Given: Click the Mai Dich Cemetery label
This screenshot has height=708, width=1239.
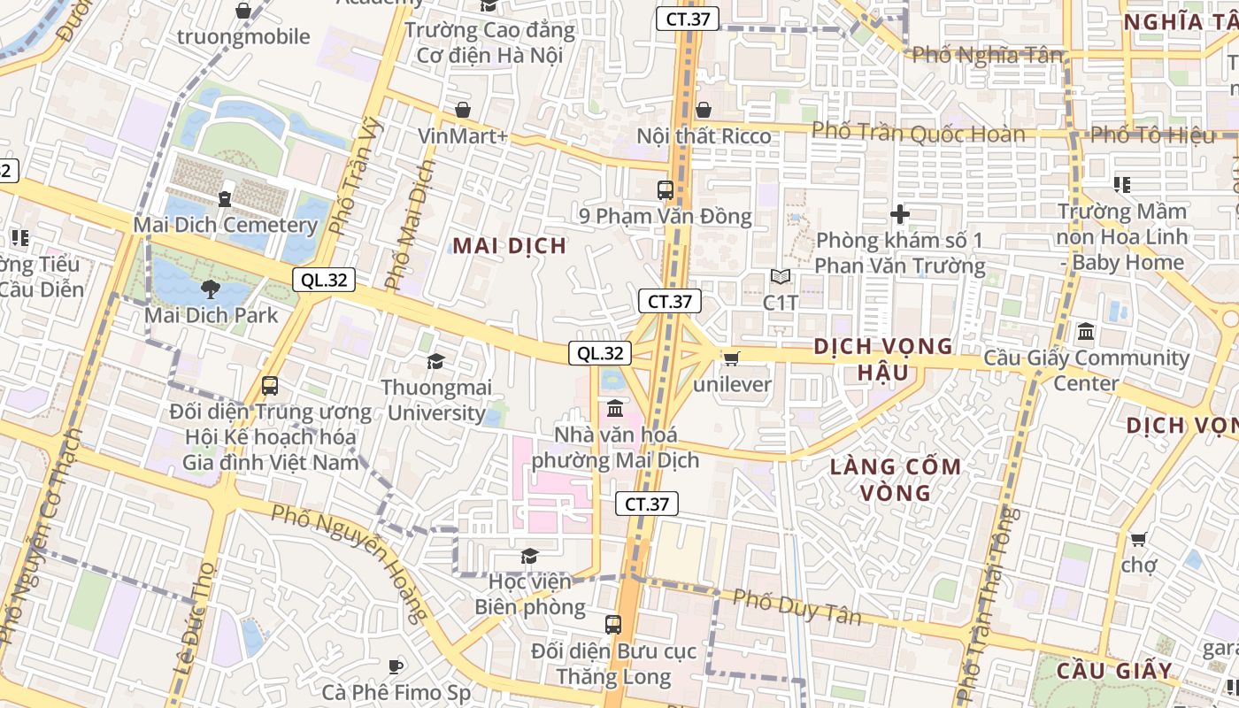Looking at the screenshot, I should coord(225,225).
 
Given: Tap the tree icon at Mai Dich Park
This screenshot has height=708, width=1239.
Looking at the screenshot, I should coord(210,289).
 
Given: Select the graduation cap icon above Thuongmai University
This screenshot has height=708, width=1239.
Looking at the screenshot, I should coord(435,361).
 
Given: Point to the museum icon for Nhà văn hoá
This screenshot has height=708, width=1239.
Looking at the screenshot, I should coord(615,409).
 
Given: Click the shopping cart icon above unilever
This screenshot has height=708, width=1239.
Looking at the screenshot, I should coord(732,358).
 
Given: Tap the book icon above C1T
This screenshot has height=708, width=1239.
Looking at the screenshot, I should coord(780,277).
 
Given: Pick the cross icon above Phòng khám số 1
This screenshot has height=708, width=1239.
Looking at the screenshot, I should coord(900,214).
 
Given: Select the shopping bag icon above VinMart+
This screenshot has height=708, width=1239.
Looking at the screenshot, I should coord(462,110).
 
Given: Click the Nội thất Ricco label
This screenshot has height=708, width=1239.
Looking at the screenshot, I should coord(704,136).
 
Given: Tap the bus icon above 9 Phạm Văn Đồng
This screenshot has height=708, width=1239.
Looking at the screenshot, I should coord(665,189).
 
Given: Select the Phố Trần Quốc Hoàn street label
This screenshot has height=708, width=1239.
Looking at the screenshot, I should coord(918,133).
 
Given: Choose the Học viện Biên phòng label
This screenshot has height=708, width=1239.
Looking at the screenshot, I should coord(529,595).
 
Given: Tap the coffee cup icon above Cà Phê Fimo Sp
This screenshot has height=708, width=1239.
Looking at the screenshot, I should coord(396,666).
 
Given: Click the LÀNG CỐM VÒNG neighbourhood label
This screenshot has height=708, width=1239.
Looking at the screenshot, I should coord(895,479).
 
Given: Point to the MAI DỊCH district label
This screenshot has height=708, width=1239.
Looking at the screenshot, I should coord(510,245).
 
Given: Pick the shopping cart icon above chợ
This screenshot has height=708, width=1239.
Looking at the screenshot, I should coord(1139,538).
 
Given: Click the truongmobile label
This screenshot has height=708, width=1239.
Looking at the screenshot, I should coord(243,36).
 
